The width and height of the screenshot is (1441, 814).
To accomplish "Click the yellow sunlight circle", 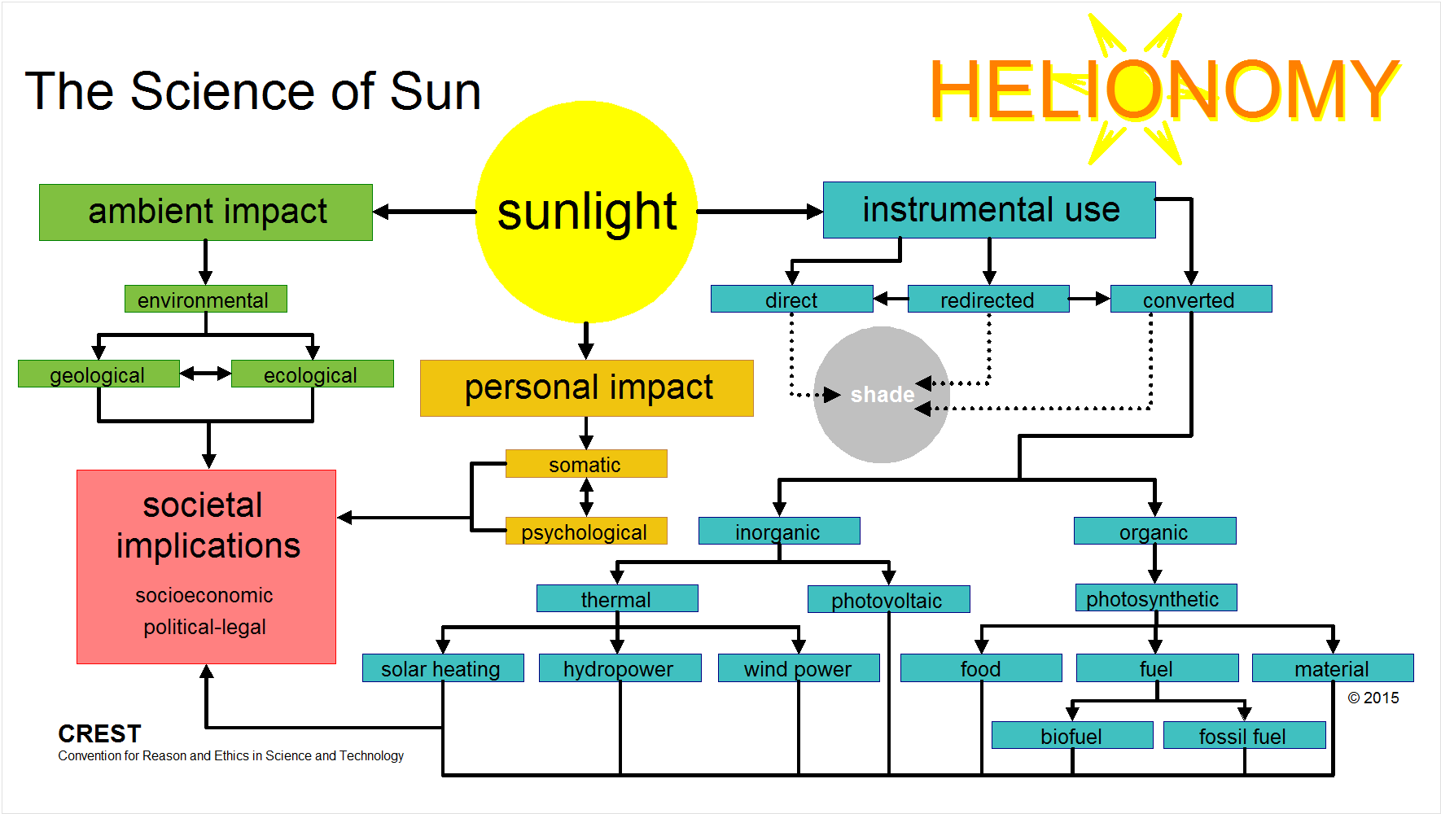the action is pos(586,212).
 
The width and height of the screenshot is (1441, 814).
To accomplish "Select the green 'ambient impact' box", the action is pos(206,212).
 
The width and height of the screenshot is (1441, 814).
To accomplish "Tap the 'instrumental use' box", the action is pos(989,210).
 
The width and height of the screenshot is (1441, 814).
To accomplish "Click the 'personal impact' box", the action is pos(587,388).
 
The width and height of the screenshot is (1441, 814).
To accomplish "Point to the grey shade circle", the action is pos(882,395).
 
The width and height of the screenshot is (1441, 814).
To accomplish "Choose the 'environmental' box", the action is pos(206,299).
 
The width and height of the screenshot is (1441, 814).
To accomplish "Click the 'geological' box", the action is pos(99,374).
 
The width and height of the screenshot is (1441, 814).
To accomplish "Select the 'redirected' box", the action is pos(988,299).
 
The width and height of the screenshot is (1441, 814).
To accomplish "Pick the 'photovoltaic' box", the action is pos(889,599).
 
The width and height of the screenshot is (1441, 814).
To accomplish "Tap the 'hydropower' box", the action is pos(620,667).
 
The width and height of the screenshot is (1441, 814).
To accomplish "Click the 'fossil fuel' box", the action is pos(1245,735).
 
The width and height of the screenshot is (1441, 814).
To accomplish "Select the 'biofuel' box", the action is pos(1072,735).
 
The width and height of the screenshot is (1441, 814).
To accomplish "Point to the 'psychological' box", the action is pos(586,531).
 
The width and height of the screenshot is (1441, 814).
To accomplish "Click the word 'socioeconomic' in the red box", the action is pos(204,595).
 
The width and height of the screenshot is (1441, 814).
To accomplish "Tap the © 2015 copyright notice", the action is pos(1373,698).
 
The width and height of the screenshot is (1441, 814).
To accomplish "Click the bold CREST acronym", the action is pos(99,733).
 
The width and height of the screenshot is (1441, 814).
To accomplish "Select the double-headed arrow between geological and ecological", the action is pos(206,374).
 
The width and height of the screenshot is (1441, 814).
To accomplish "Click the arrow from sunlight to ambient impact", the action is pos(424,212).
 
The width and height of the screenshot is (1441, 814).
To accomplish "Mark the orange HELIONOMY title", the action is pos(1164,90).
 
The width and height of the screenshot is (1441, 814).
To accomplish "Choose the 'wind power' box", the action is pos(799,667).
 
